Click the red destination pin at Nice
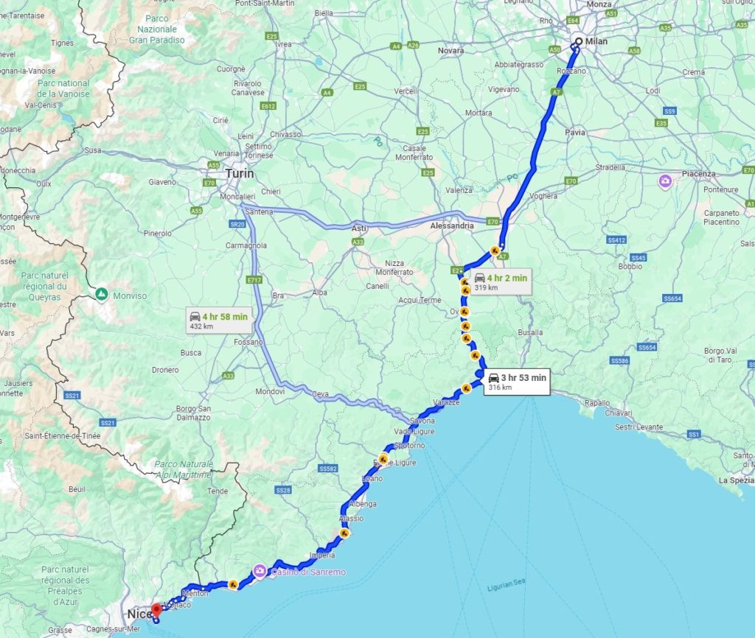tap(156, 611)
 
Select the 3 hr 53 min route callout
tap(516, 382)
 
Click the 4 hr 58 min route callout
tap(218, 320)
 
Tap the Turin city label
tap(240, 174)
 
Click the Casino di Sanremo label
tap(299, 571)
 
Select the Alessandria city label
tap(451, 225)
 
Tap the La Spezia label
tap(736, 480)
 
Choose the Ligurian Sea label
tap(504, 588)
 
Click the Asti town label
tap(359, 228)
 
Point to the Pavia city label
tap(574, 133)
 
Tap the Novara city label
tap(450, 51)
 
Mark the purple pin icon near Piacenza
tap(665, 180)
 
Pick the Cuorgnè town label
tap(231, 69)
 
